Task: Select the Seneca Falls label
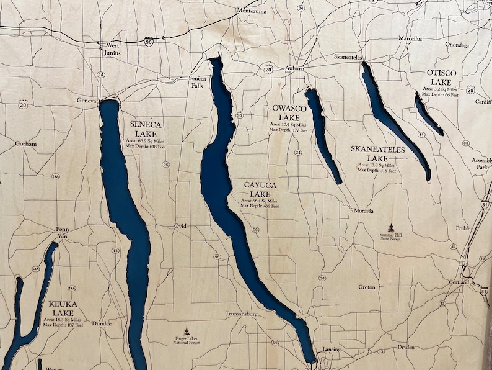198,82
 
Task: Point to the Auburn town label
295,68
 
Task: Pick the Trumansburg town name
240,314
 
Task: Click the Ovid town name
180,225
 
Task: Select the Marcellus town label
410,38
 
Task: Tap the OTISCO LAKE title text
441,78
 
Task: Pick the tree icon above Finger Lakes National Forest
187,332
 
